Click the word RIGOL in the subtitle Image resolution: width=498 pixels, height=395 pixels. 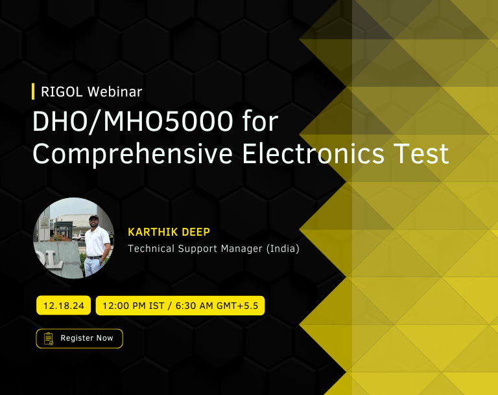point(62,92)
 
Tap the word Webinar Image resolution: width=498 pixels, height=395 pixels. point(115,92)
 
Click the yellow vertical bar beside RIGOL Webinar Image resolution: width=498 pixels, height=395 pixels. point(33,91)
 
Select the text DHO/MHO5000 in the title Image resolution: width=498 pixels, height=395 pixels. point(133,121)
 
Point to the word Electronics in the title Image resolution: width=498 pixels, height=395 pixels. point(313,153)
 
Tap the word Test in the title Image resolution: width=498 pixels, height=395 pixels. point(421,153)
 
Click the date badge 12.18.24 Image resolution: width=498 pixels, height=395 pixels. point(64,306)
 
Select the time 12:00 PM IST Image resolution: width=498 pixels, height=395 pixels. point(134,306)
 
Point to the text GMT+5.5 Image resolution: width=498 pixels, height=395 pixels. point(237,306)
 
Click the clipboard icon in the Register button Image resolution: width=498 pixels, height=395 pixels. point(49,339)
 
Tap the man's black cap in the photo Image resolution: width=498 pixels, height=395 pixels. point(93,218)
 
